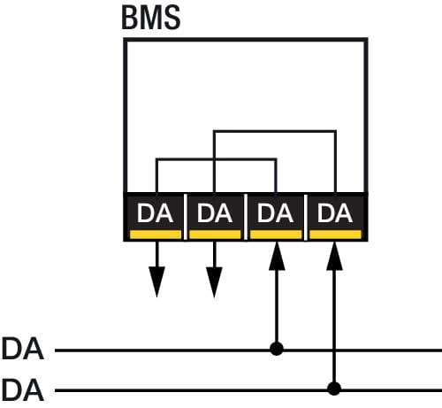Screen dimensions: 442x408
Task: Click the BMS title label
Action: tap(151, 18)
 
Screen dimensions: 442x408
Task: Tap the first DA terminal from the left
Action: tap(155, 217)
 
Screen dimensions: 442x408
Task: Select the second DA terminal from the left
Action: tap(215, 217)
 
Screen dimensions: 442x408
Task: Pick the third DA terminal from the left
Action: tap(275, 217)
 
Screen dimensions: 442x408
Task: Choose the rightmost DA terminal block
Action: tap(335, 217)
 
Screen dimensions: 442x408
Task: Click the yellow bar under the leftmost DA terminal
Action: tap(156, 235)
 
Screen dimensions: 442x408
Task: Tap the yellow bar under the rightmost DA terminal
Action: tap(336, 235)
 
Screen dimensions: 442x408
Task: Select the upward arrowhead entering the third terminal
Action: tap(277, 256)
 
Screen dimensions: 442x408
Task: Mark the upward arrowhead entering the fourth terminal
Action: tap(334, 256)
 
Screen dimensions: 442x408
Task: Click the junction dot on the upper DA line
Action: tap(277, 349)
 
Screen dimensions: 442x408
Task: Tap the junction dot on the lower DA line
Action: tap(334, 389)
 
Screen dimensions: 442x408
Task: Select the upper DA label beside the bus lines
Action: tap(23, 349)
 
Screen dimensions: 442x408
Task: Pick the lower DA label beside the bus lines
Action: tap(23, 390)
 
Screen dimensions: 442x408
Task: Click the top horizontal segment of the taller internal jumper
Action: tap(275, 131)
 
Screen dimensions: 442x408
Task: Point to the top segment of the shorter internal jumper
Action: tap(217, 159)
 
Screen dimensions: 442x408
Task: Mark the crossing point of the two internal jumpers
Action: tap(215, 159)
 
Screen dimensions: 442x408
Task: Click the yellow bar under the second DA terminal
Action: tap(215, 235)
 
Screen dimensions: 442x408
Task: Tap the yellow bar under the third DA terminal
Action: tap(276, 235)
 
